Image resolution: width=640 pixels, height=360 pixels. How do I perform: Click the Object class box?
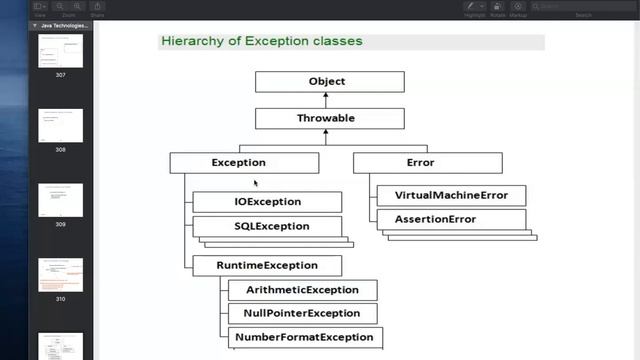click(329, 82)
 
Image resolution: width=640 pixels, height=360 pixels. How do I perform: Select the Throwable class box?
click(329, 118)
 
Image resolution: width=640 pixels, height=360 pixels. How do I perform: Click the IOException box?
click(267, 202)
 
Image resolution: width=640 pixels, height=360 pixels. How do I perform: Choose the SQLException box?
click(267, 226)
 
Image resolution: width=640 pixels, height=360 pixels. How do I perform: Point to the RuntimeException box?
click(267, 266)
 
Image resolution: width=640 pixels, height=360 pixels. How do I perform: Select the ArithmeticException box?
click(302, 290)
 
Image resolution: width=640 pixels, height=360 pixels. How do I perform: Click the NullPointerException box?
click(302, 314)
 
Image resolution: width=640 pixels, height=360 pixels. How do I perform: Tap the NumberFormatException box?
click(302, 337)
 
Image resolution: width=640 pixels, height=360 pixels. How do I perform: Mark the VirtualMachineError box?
click(451, 195)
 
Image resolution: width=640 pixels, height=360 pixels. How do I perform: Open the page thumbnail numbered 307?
click(61, 52)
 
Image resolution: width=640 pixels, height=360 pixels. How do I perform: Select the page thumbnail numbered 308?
click(61, 125)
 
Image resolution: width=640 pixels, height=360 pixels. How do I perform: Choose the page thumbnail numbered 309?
click(61, 200)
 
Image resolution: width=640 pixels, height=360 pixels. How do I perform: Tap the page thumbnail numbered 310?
click(61, 274)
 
